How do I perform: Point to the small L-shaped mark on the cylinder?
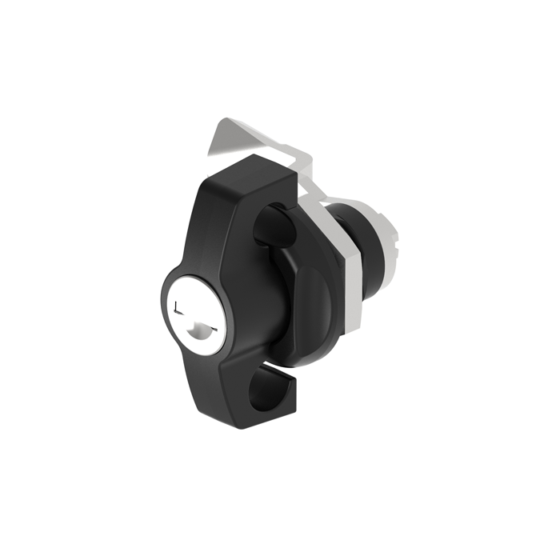pos(178,307)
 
